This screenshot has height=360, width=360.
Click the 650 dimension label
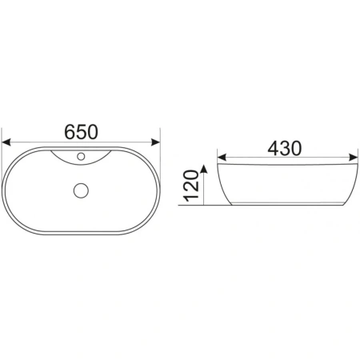point(82,132)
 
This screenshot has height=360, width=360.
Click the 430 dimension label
point(285,148)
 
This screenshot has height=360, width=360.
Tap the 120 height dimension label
point(191,186)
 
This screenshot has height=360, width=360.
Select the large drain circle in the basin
point(81,190)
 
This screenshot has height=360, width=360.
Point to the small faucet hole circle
point(81,156)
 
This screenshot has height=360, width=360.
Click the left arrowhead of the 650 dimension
point(6,142)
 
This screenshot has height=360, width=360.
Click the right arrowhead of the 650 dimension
point(156,142)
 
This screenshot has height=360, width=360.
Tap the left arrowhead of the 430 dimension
point(222,158)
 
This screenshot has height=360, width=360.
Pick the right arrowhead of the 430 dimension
point(353,158)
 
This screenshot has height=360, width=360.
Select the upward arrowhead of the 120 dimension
point(203,169)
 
